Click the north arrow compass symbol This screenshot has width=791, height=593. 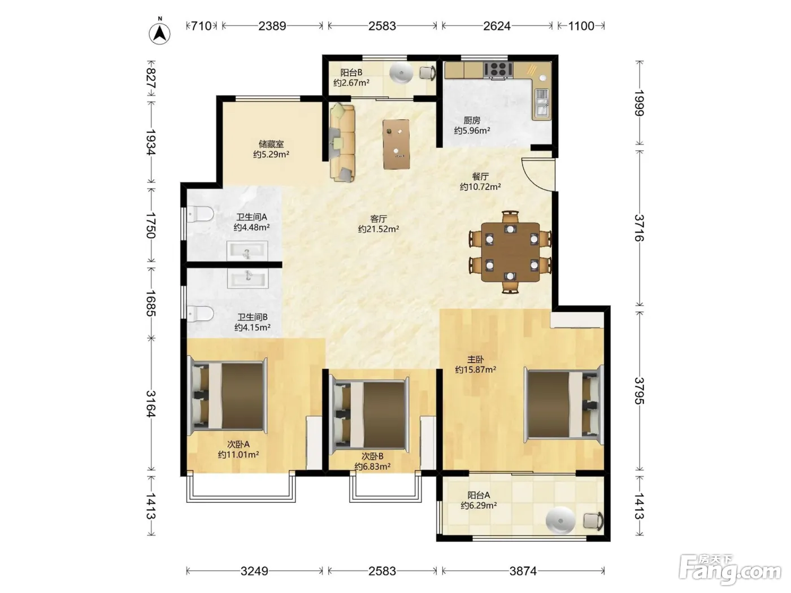160,33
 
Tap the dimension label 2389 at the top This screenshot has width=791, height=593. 272,26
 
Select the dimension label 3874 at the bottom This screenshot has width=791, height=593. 523,571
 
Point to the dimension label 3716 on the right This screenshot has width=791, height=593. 639,228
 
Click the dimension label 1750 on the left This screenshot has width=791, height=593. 151,225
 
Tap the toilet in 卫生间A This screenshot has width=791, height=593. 201,215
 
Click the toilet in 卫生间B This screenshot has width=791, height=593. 201,313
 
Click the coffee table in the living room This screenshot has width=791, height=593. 397,144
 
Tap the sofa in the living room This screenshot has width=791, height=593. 342,142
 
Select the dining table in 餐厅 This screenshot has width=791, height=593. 510,252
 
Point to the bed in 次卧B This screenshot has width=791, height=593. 370,415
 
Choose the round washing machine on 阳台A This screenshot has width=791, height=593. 560,520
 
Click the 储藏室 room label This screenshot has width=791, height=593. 271,144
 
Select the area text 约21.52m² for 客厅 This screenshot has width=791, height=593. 379,229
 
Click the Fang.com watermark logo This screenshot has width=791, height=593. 730,571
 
